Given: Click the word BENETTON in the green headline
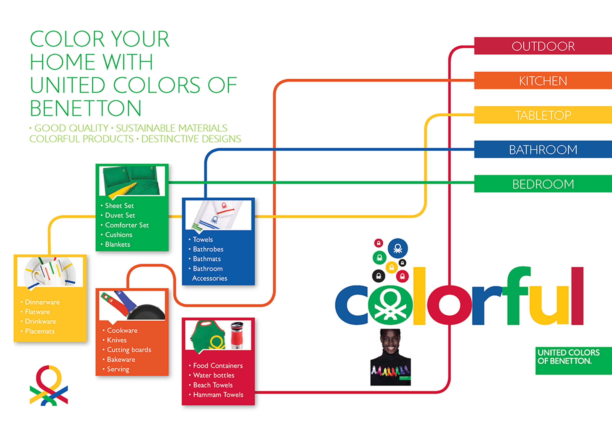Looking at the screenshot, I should [x=85, y=108].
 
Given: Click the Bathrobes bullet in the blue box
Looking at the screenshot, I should [x=208, y=249].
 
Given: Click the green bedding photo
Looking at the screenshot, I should [x=132, y=181].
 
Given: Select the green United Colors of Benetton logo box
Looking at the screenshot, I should [x=573, y=360].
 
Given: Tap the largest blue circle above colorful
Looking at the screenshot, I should [x=397, y=248].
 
